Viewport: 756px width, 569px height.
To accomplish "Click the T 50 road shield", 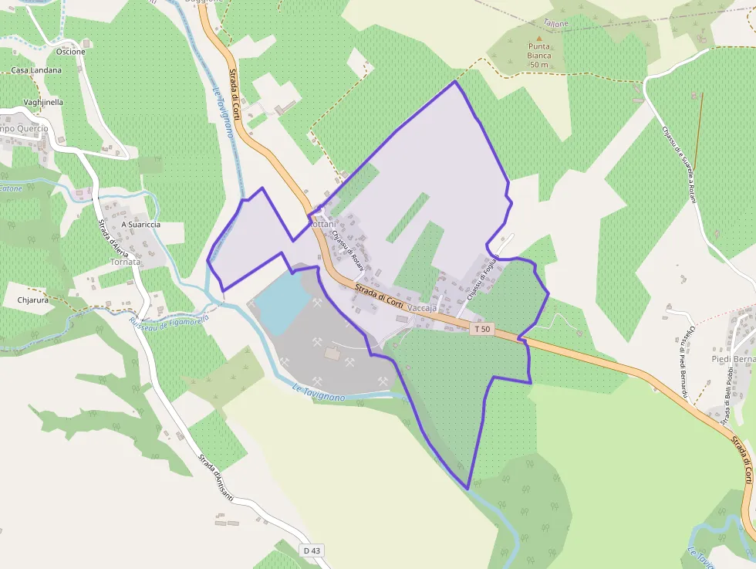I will pyautogui.click(x=482, y=329).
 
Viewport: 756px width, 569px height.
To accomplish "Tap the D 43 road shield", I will pyautogui.click(x=311, y=550).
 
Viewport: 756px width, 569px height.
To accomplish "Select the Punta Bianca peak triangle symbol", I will pyautogui.click(x=539, y=38).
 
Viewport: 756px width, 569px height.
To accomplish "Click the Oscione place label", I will pyautogui.click(x=71, y=52).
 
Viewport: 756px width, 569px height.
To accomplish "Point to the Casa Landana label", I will pyautogui.click(x=36, y=70).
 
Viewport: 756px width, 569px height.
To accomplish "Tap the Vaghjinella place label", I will pyautogui.click(x=43, y=102).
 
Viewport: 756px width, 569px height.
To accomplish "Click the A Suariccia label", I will pyautogui.click(x=140, y=225).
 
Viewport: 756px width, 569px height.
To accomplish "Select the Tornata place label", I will pyautogui.click(x=126, y=262).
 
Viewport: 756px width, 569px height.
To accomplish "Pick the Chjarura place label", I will pyautogui.click(x=33, y=299).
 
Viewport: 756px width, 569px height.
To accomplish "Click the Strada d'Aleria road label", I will pyautogui.click(x=113, y=239).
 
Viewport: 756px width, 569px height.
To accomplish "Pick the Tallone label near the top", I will pyautogui.click(x=555, y=24).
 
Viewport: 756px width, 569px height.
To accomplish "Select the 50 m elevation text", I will pyautogui.click(x=539, y=65).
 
